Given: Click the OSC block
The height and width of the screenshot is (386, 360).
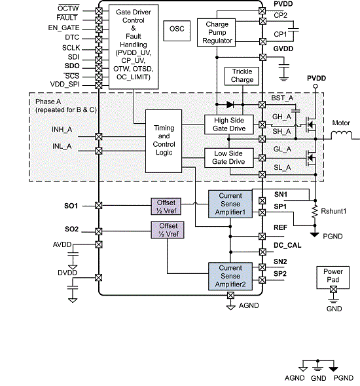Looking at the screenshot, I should coord(177,29).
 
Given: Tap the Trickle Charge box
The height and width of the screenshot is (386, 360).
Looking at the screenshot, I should coord(242,75).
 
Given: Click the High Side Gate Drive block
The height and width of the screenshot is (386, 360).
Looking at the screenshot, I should coord(228,123).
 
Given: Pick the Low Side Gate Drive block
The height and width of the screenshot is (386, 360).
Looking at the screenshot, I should coord(228,157).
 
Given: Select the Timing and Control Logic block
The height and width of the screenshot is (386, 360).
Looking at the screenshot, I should coord(164,140).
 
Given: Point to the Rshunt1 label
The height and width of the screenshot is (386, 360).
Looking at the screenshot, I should coord(333,210).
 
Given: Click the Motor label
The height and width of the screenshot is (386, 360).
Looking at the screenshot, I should coord(341,123).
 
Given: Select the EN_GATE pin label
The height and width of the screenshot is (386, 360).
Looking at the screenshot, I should coord(63,28).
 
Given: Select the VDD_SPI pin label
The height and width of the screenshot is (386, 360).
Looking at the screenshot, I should coord(65,85).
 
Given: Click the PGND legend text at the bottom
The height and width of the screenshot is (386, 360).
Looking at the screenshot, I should coord(344,378).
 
